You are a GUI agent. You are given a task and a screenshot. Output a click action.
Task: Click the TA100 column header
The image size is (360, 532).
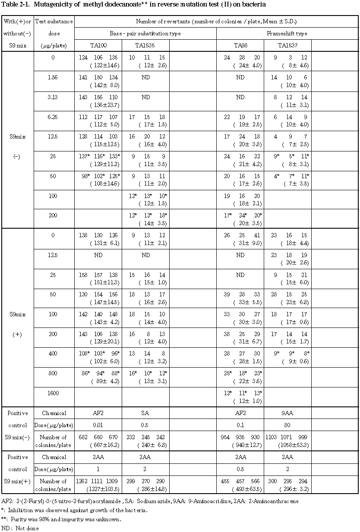tap(98, 45)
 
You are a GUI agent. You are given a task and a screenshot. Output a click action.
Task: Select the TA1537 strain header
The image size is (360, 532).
tap(287, 45)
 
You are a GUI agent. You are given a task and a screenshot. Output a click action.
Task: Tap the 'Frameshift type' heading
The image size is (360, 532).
tap(287, 33)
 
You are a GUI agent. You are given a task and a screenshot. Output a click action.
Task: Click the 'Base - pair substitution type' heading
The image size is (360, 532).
tap(145, 33)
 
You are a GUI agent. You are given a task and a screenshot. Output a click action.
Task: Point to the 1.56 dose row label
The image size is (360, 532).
tap(53, 78)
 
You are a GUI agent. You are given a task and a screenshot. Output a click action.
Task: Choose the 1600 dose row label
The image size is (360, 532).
tap(53, 393)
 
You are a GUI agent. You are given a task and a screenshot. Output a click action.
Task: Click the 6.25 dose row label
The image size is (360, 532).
tap(53, 117)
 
